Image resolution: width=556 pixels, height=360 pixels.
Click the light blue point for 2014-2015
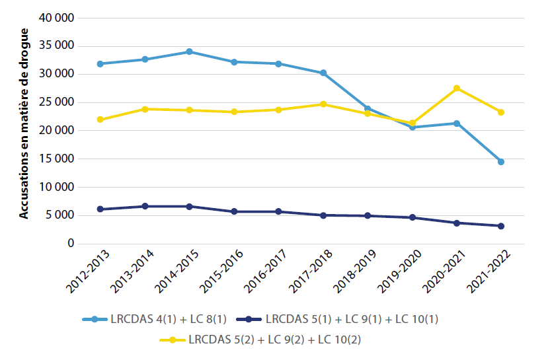(189, 52)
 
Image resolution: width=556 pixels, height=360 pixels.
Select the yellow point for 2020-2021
(457, 89)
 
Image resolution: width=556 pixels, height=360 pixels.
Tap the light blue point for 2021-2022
(501, 162)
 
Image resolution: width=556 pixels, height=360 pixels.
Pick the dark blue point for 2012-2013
(100, 209)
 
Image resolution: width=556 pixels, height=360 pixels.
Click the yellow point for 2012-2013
(100, 120)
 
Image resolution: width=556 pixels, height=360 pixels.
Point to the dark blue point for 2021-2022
(501, 226)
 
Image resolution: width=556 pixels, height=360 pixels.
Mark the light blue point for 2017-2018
(323, 73)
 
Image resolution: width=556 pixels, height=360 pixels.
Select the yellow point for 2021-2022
(501, 112)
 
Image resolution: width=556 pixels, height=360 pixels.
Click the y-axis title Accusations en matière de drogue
(23, 124)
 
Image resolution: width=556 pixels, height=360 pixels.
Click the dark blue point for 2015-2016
(234, 211)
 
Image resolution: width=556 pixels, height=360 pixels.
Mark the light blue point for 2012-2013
(100, 64)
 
